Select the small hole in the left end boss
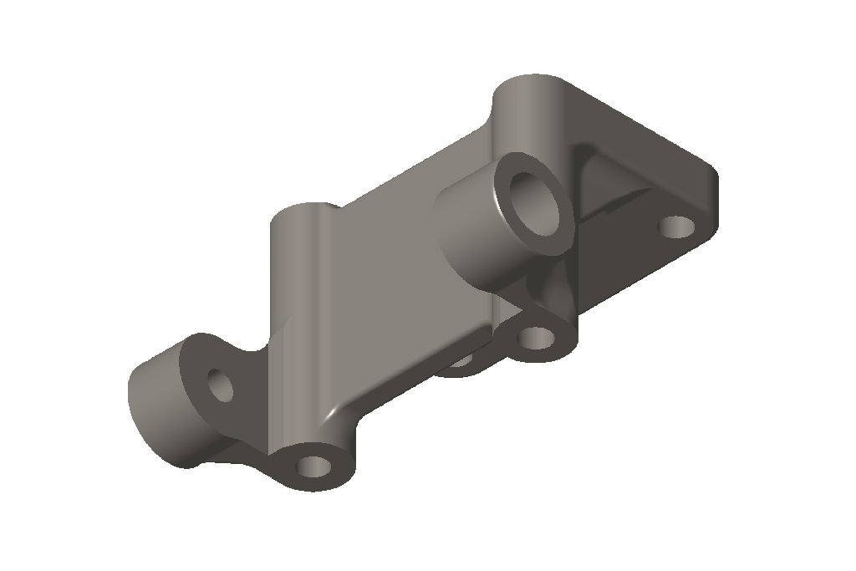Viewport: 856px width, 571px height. pyautogui.click(x=222, y=385)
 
